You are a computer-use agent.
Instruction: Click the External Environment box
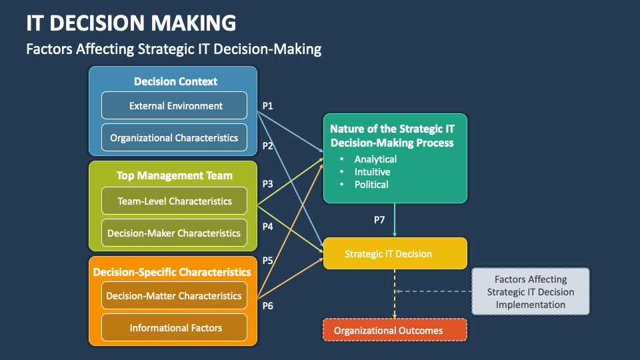(x=174, y=105)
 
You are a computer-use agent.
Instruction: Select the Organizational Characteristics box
(x=174, y=138)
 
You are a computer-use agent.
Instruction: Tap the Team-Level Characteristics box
(x=174, y=201)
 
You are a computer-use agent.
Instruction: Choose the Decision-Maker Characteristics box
(x=174, y=233)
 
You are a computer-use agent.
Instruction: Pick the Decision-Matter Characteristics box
(x=174, y=295)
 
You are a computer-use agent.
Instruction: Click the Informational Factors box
(x=174, y=328)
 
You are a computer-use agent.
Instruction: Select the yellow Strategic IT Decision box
(x=395, y=254)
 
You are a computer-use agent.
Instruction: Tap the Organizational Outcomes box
(x=395, y=331)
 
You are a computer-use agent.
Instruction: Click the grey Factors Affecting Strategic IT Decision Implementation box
(x=530, y=292)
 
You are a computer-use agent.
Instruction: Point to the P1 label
(x=267, y=105)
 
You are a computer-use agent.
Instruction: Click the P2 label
(x=267, y=145)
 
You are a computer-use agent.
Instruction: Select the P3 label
(x=267, y=183)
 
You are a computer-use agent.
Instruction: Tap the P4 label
(x=267, y=226)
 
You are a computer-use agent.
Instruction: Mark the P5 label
(x=267, y=260)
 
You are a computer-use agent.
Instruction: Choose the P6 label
(x=267, y=305)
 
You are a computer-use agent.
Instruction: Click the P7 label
(x=379, y=219)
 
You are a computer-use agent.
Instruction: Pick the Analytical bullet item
(x=375, y=159)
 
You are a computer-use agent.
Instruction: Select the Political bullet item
(x=371, y=184)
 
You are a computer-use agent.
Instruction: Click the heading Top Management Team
(x=174, y=176)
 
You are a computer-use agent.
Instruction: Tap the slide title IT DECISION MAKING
(x=131, y=23)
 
